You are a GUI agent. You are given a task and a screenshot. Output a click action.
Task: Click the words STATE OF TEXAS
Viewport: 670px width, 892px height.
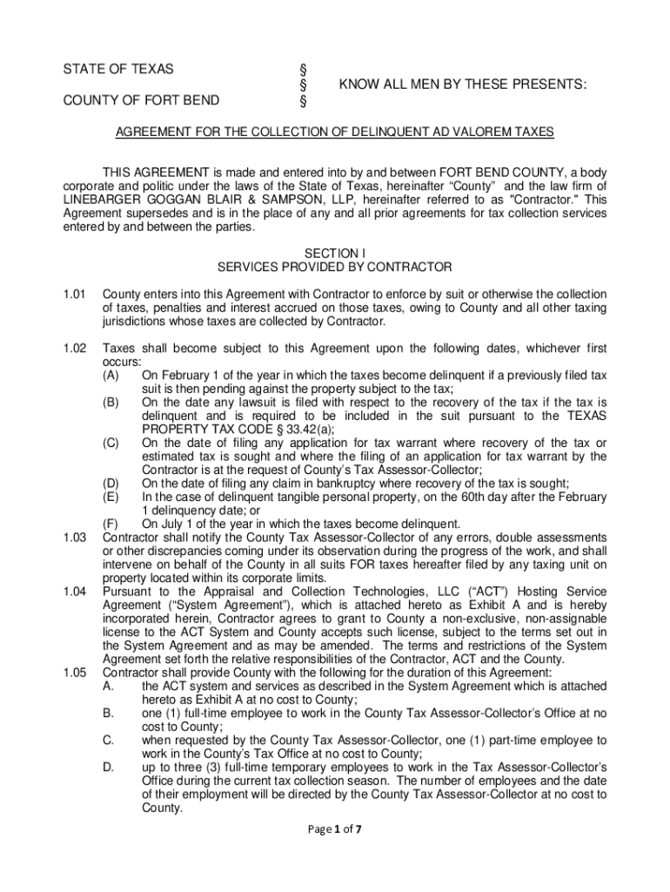click(x=117, y=69)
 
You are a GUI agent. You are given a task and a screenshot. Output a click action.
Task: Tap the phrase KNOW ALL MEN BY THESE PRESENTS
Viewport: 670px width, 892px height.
click(x=462, y=84)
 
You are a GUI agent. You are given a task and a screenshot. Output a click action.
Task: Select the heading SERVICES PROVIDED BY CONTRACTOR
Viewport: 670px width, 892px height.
click(x=334, y=267)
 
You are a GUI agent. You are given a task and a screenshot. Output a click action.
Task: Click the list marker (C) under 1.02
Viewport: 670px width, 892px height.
click(x=111, y=443)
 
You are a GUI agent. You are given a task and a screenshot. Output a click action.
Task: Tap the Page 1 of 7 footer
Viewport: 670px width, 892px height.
click(x=334, y=830)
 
